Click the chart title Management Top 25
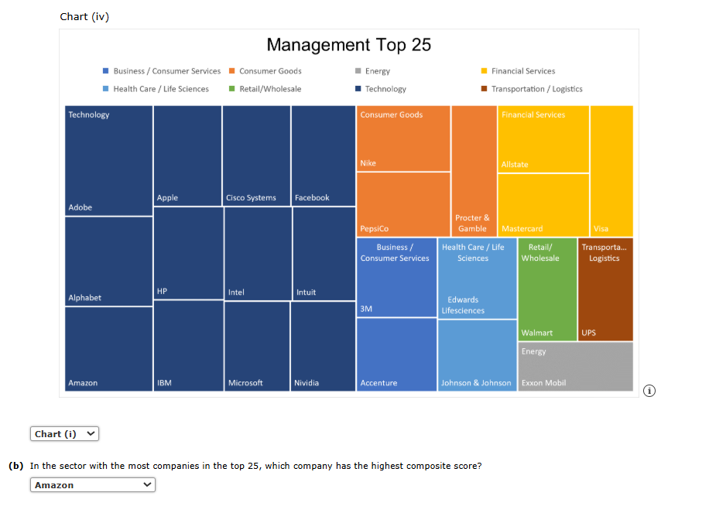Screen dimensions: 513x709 348,45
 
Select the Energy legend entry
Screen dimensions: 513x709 377,71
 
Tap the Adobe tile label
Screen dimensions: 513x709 80,207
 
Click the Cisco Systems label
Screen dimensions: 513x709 251,198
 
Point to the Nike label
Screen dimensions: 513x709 368,163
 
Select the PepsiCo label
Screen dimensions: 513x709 375,229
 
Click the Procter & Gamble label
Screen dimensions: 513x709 472,223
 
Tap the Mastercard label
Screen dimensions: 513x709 522,229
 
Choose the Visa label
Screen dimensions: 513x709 601,229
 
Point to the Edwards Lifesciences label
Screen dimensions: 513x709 463,305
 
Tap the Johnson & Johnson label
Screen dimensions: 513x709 476,383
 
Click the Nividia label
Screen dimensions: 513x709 307,383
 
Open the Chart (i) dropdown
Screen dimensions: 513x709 65,434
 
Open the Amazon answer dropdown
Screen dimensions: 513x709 93,485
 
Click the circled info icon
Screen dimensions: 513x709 649,391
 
